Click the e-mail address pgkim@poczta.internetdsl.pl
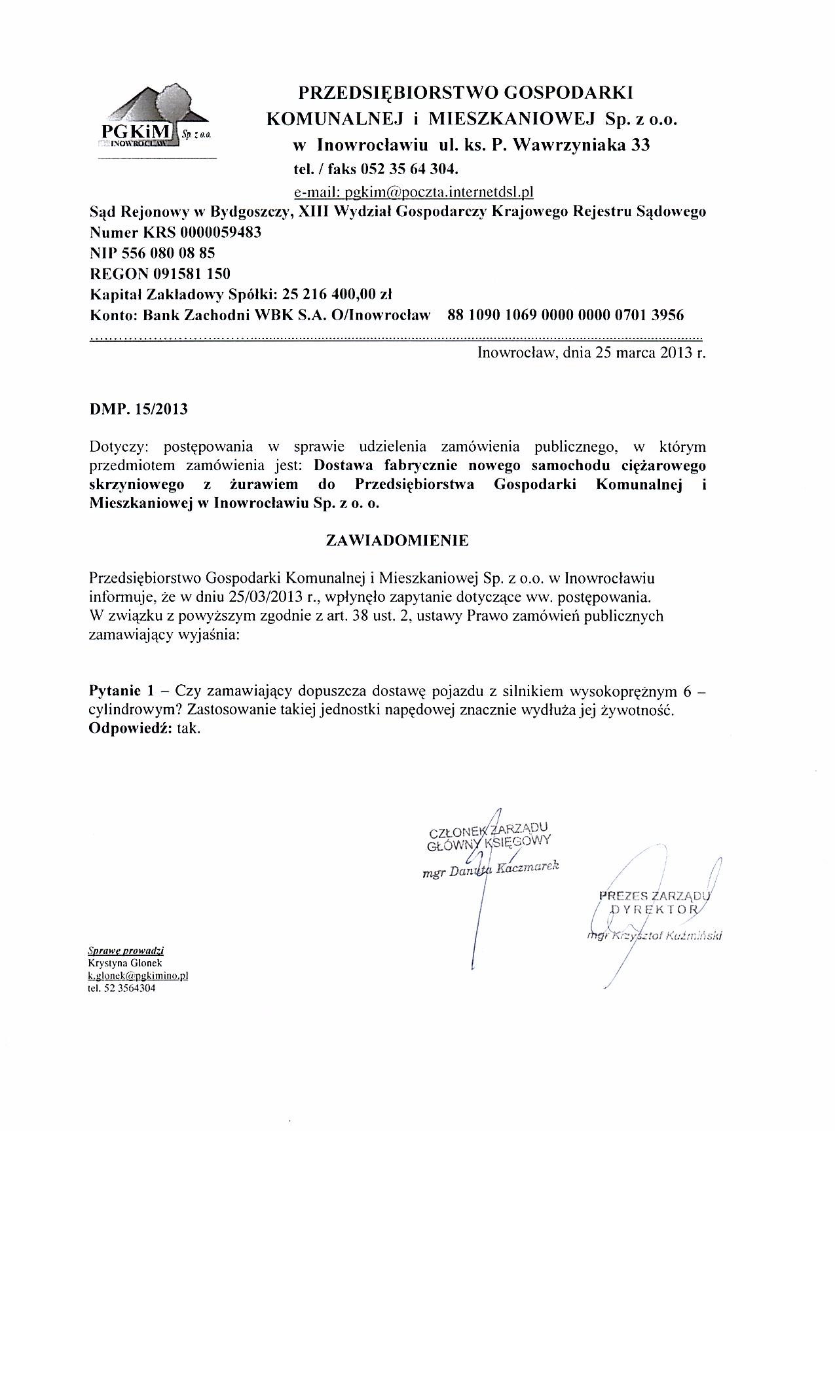pos(414,192)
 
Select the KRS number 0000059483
pos(220,232)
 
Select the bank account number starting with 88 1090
pos(565,315)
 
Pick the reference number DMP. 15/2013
pos(138,410)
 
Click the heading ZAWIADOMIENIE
pos(397,541)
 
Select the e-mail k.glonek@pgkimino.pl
pos(138,976)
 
